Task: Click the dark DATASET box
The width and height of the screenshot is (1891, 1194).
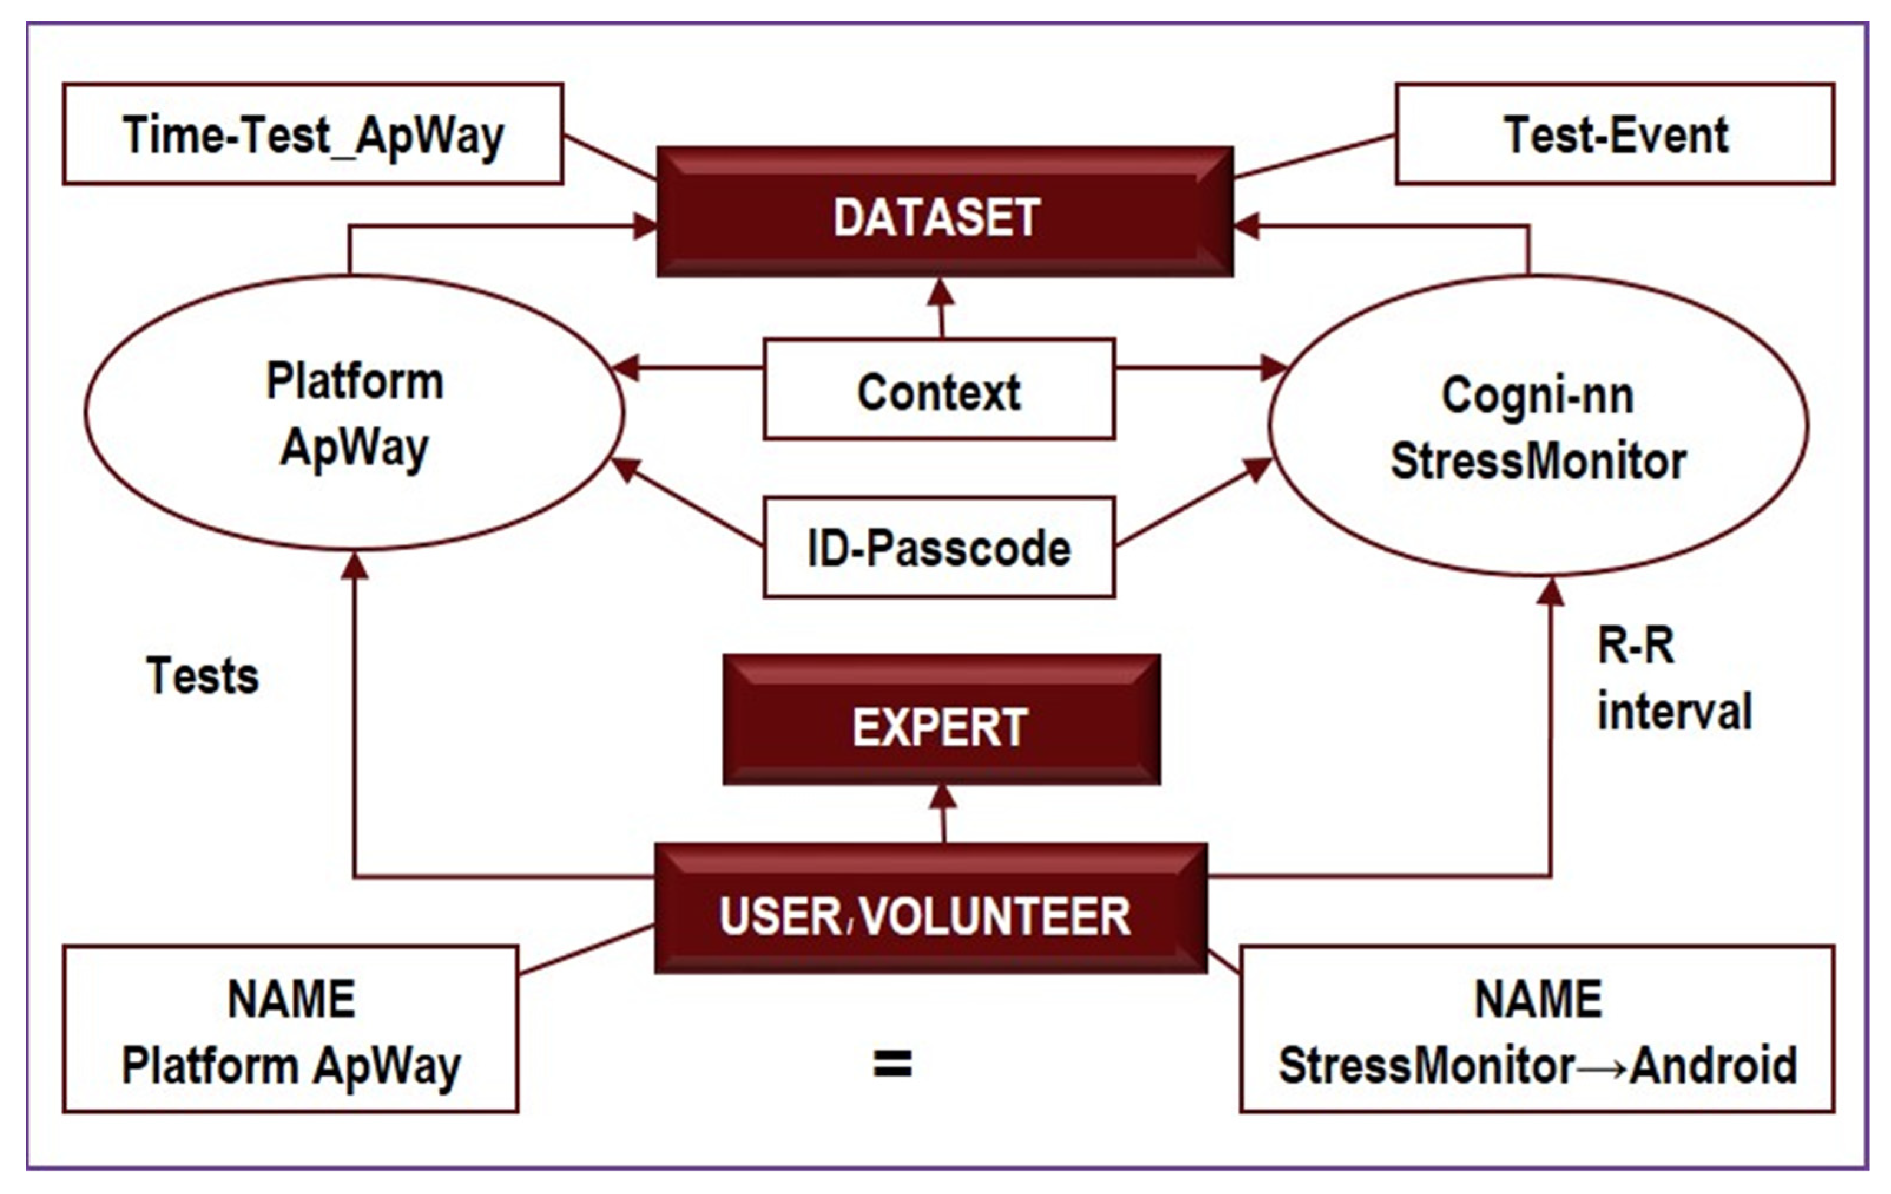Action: point(945,212)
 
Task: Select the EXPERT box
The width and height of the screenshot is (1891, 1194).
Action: point(941,719)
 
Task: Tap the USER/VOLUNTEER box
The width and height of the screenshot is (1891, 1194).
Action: point(931,909)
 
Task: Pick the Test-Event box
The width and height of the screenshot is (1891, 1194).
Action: point(1615,134)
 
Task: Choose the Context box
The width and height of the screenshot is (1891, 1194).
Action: point(939,390)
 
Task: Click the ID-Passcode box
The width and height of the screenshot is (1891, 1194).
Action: point(939,547)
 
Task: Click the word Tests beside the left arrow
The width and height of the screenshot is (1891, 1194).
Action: point(203,676)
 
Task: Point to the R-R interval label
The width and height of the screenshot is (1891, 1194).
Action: point(1674,679)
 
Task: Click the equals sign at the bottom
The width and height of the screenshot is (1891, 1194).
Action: point(893,1064)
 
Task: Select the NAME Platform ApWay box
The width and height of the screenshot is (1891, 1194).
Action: point(291,1029)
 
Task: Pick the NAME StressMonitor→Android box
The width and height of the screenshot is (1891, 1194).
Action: point(1537,1029)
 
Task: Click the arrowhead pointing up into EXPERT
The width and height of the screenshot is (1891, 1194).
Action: point(943,797)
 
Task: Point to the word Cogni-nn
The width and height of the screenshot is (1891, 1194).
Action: point(1537,394)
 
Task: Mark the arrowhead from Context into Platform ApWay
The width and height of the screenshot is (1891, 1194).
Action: point(627,367)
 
